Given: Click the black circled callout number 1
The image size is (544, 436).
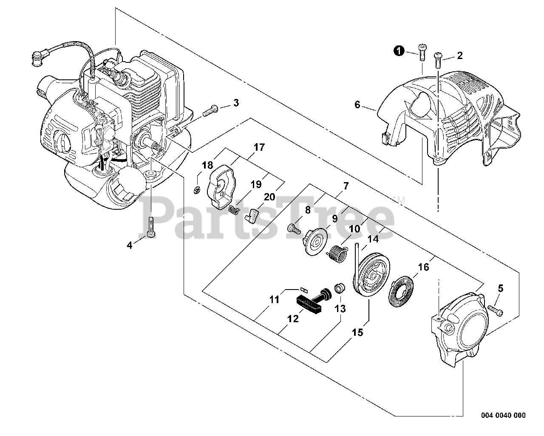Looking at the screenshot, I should [398, 51].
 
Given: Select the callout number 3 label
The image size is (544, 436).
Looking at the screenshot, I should [236, 102].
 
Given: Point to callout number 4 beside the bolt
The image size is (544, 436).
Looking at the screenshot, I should [130, 245].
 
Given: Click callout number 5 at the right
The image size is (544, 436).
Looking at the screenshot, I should [500, 289].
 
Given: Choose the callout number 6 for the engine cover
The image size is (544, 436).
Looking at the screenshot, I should [357, 104].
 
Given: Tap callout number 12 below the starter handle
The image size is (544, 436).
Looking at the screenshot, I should [293, 318].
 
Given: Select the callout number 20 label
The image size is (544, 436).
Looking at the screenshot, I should [269, 197].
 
